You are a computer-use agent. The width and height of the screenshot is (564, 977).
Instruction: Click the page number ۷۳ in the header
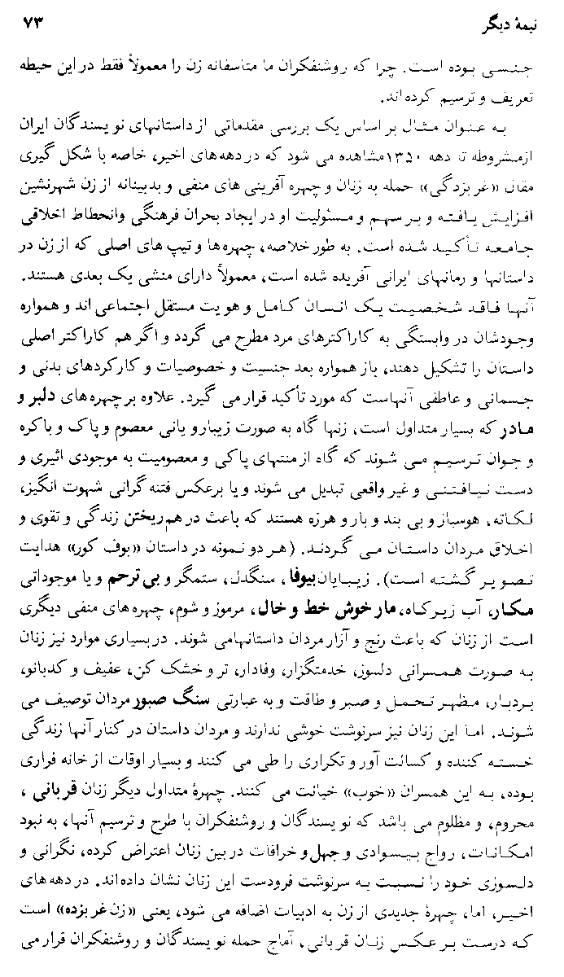click(x=32, y=17)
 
